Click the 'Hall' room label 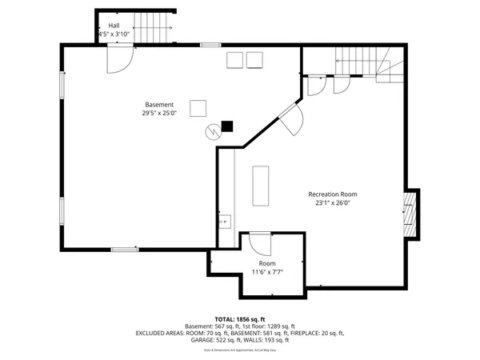(x=114, y=26)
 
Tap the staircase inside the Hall (x=153, y=27)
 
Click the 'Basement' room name (x=159, y=105)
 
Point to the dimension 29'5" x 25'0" (x=159, y=114)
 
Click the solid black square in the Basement (x=227, y=126)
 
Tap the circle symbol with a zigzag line (x=213, y=130)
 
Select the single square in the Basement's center (x=198, y=107)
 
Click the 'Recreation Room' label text (x=333, y=194)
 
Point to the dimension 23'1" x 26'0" (x=333, y=203)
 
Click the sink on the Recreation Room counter (x=224, y=220)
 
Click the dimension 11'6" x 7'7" (x=266, y=272)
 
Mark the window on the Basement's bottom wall (x=124, y=250)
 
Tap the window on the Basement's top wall (x=210, y=45)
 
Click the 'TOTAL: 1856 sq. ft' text (x=240, y=318)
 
